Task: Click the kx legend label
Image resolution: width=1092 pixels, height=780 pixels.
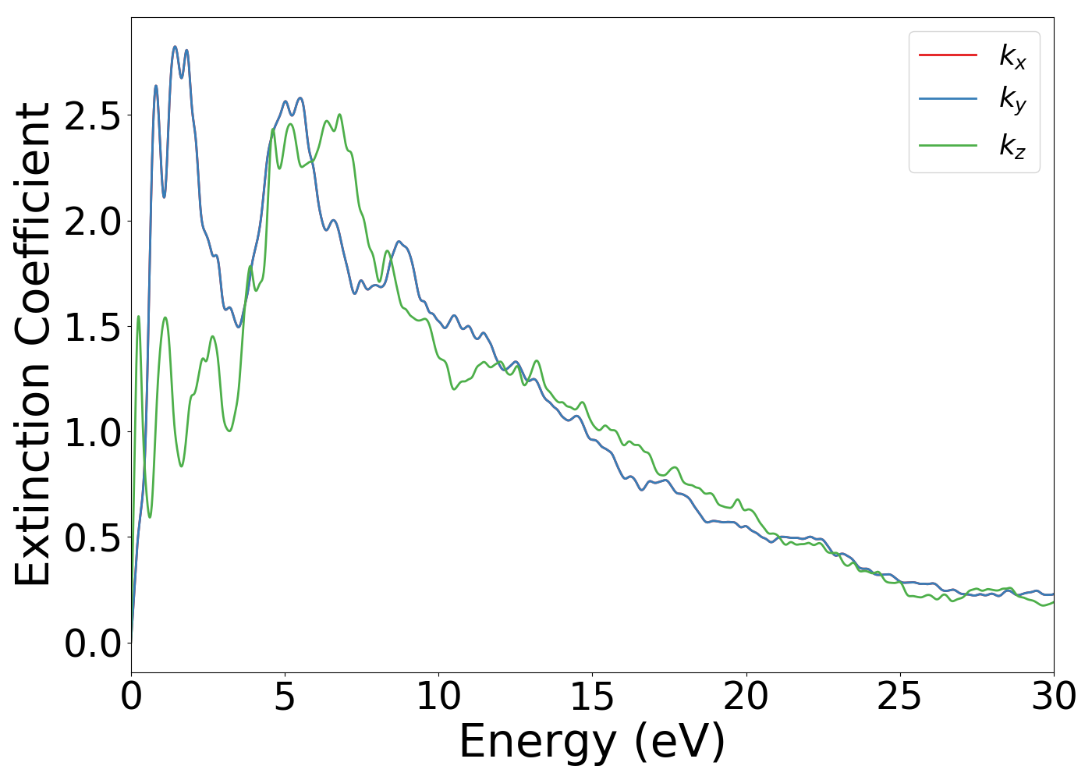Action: [x=1012, y=55]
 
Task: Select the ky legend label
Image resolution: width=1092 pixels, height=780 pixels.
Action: [x=1012, y=100]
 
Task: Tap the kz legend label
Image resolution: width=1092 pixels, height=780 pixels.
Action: [x=1012, y=145]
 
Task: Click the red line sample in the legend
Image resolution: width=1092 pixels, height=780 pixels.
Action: [x=948, y=55]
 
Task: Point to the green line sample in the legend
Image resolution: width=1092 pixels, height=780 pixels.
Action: [x=948, y=145]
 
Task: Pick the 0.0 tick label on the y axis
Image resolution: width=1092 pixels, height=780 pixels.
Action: [x=93, y=643]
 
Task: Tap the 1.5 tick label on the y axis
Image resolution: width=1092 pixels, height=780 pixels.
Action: [x=93, y=327]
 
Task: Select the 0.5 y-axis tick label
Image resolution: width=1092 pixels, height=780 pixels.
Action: [x=93, y=538]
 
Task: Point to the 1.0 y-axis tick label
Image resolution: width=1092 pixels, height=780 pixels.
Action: [x=93, y=432]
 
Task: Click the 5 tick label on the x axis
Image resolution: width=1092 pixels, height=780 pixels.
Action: [x=285, y=697]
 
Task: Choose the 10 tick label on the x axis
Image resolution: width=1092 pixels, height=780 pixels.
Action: [x=438, y=697]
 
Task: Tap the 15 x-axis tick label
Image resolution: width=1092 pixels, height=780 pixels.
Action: [x=592, y=697]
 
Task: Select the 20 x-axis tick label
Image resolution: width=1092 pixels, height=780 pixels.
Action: [x=746, y=697]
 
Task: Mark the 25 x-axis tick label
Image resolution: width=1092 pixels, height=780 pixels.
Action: [x=899, y=697]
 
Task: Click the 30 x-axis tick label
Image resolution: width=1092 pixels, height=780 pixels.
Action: [x=1053, y=697]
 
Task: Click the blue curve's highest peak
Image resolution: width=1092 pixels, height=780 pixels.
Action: [x=175, y=47]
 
